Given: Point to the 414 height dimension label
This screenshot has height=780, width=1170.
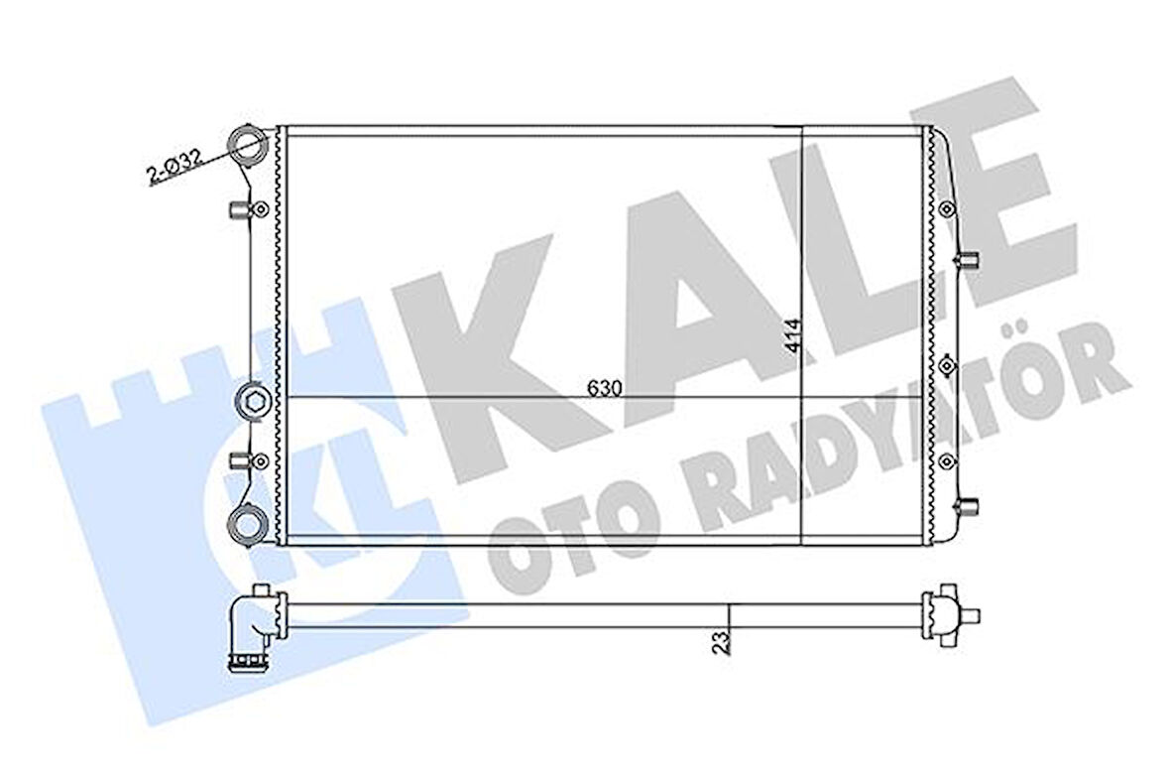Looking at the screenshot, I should click(790, 338).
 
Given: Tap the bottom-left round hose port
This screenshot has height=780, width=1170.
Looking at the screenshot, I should click(247, 523).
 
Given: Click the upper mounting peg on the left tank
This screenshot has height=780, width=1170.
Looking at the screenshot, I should click(239, 209).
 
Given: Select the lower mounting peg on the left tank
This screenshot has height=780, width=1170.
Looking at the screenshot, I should click(239, 459).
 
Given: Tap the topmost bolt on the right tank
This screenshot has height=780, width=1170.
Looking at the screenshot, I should click(947, 209).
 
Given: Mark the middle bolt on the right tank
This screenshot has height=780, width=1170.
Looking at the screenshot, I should click(947, 364).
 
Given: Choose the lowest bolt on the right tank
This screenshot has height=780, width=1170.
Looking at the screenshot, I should click(947, 459).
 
